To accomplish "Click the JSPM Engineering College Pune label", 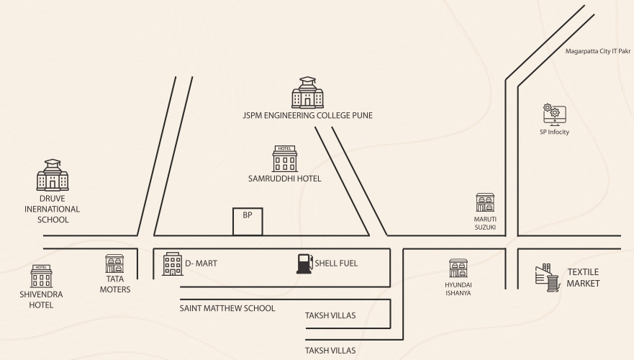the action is pyautogui.click(x=308, y=115).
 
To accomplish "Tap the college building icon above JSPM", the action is pyautogui.click(x=308, y=92).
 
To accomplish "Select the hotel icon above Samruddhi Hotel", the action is pyautogui.click(x=285, y=159).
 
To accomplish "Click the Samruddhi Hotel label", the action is pyautogui.click(x=285, y=179).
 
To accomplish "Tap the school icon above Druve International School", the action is pyautogui.click(x=53, y=175).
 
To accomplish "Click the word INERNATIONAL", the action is pyautogui.click(x=52, y=209).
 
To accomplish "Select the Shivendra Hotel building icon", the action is pyautogui.click(x=41, y=276).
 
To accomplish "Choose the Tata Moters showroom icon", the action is pyautogui.click(x=115, y=264).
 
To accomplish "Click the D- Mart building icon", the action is pyautogui.click(x=173, y=264).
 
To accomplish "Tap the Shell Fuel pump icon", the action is pyautogui.click(x=305, y=264).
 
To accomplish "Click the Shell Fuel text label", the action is pyautogui.click(x=336, y=264).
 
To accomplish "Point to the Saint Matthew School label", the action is pyautogui.click(x=227, y=308).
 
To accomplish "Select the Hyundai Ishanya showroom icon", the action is pyautogui.click(x=458, y=268).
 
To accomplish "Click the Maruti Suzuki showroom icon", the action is pyautogui.click(x=485, y=202).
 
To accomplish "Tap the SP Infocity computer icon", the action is pyautogui.click(x=554, y=115).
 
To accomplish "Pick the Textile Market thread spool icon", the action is pyautogui.click(x=548, y=277).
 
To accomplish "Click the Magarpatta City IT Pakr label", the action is pyautogui.click(x=597, y=51).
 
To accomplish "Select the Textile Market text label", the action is pyautogui.click(x=583, y=277).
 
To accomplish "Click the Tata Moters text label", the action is pyautogui.click(x=115, y=284).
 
